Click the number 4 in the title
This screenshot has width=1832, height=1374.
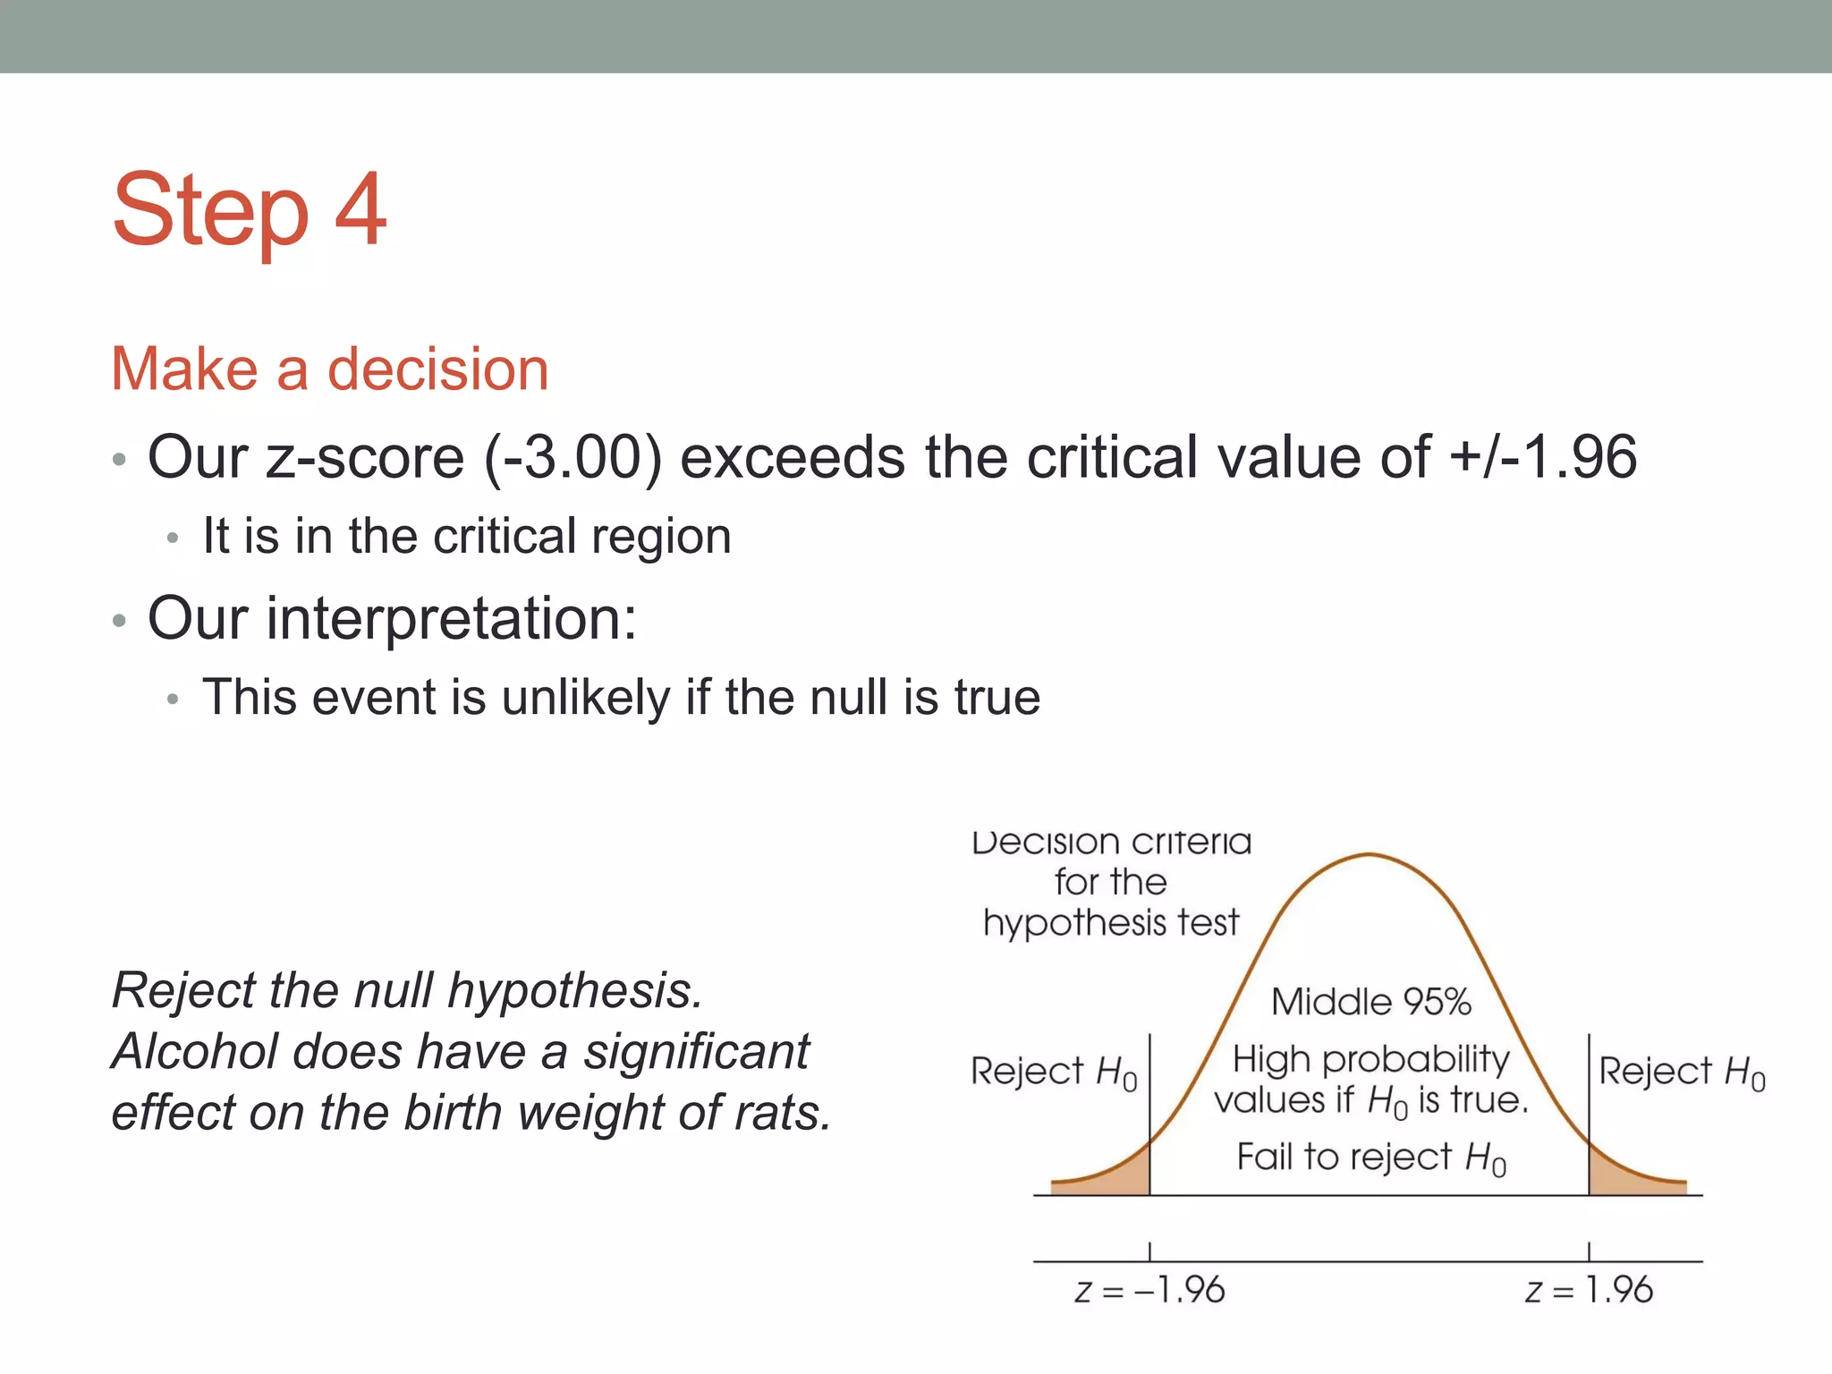pyautogui.click(x=360, y=210)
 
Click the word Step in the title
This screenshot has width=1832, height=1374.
pyautogui.click(x=211, y=212)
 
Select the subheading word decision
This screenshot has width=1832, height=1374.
pyautogui.click(x=437, y=369)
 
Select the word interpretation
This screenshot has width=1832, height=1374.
pyautogui.click(x=451, y=618)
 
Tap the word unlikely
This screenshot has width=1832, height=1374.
pyautogui.click(x=586, y=698)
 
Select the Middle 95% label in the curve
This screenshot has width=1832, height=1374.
pyautogui.click(x=1370, y=1002)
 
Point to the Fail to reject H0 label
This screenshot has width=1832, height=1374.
pyautogui.click(x=1370, y=1158)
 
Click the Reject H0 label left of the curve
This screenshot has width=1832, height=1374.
pyautogui.click(x=1053, y=1072)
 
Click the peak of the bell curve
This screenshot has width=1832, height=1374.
pyautogui.click(x=1370, y=856)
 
